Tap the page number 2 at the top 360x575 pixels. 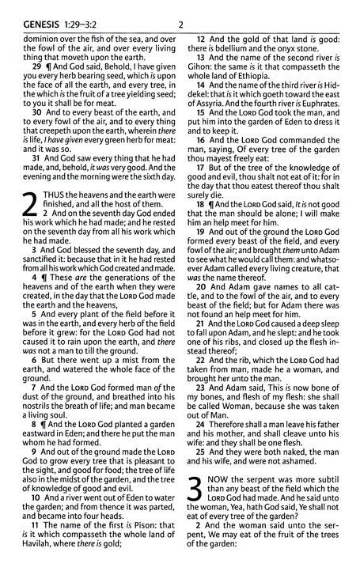pos(181,9)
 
